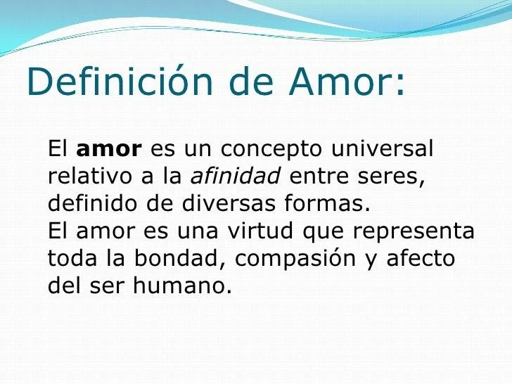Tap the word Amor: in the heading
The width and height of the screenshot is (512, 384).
[347, 82]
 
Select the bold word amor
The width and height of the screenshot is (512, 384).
[108, 150]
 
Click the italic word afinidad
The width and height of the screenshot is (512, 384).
[236, 177]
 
